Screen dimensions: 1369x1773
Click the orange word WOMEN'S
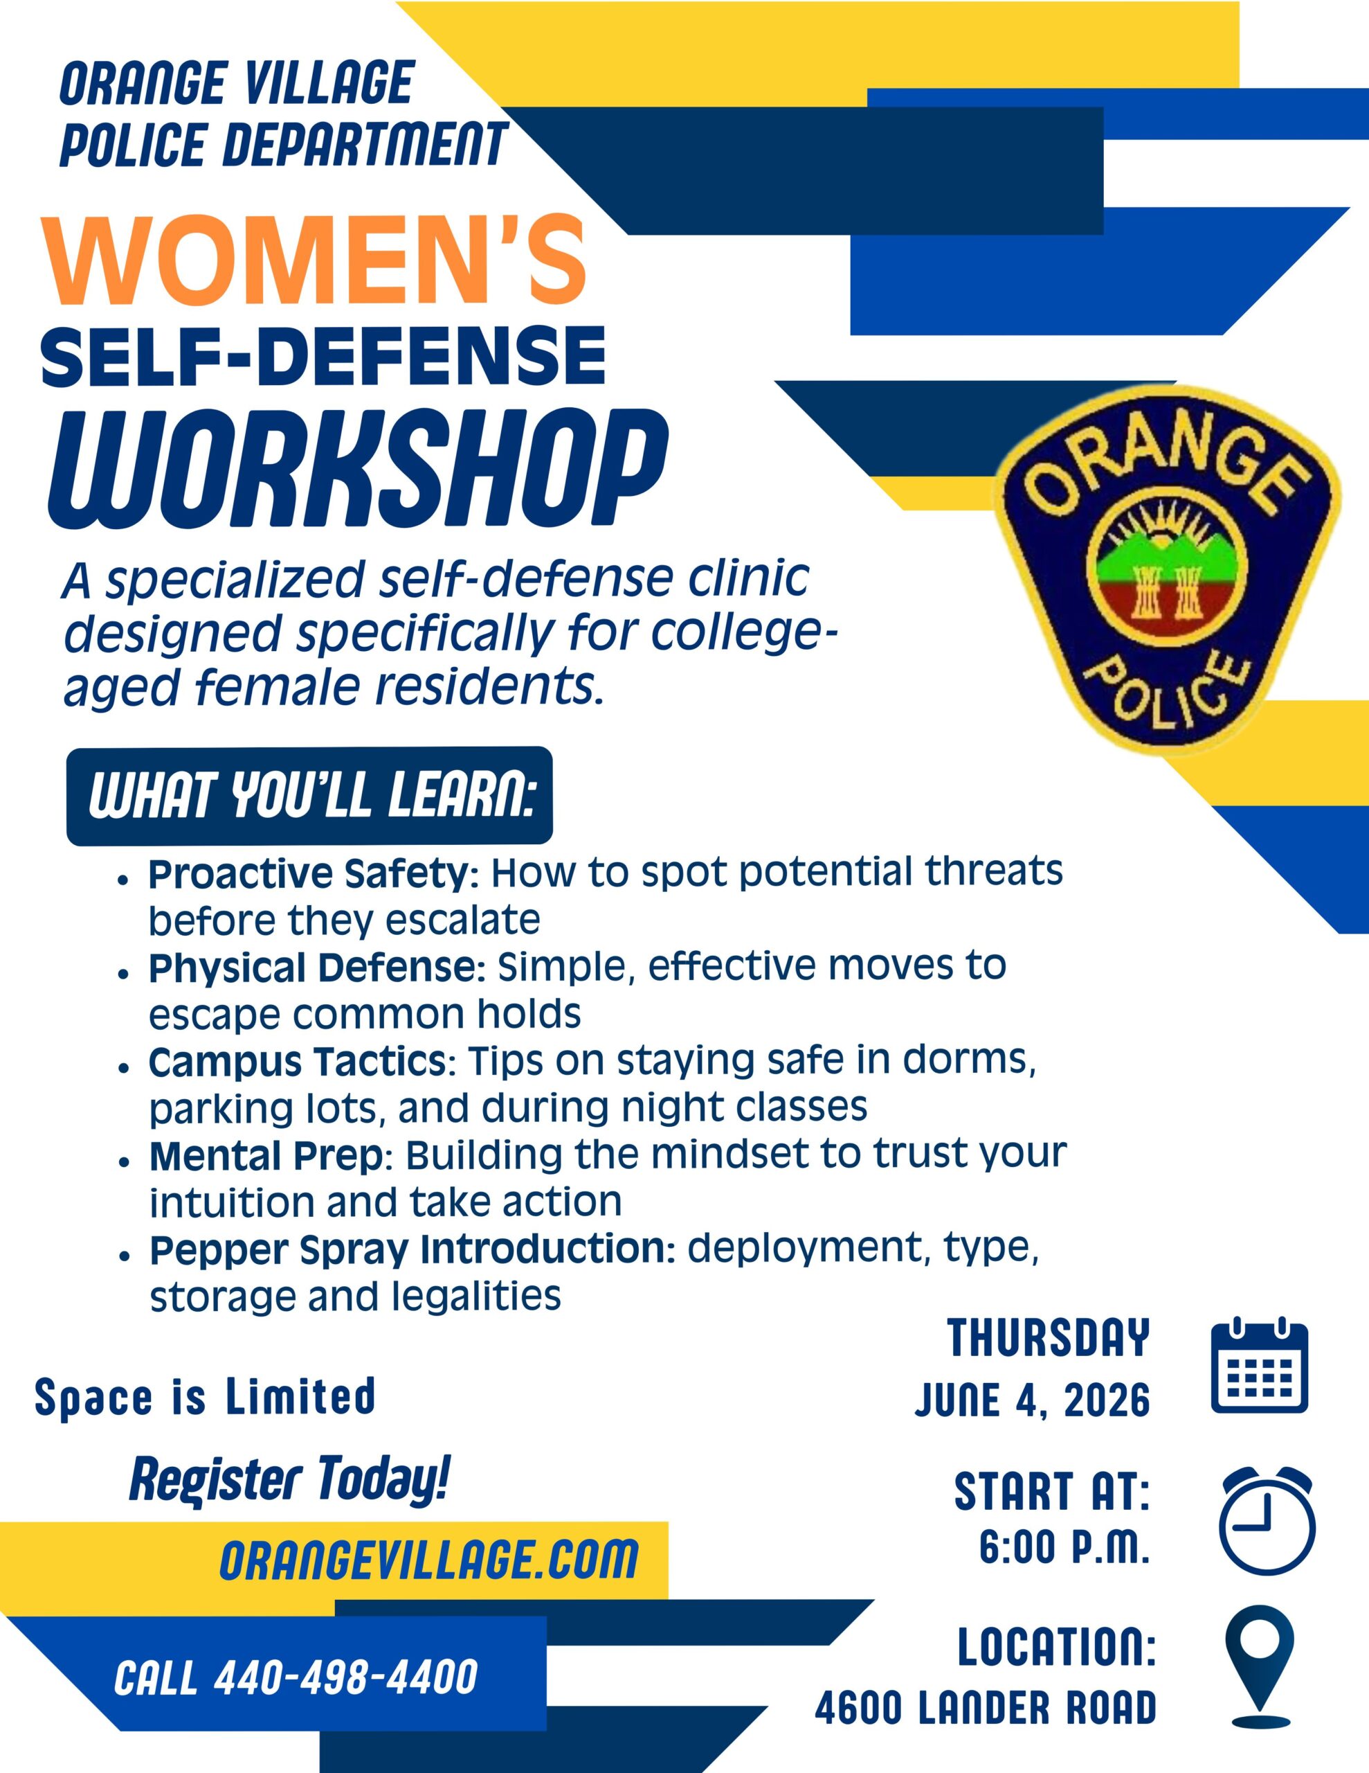pos(316,259)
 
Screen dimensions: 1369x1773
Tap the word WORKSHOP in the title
pos(357,470)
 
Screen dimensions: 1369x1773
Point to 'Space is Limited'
pos(206,1396)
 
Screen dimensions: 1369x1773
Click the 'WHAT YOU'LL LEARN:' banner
pos(309,796)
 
